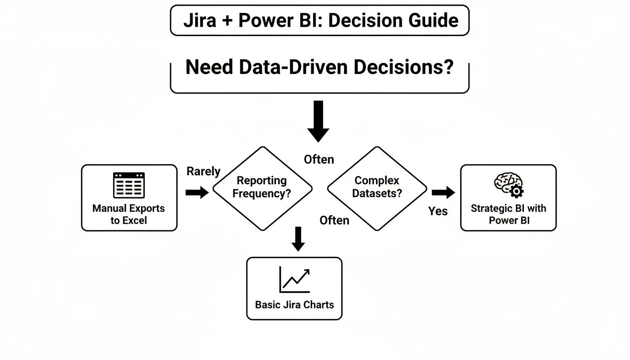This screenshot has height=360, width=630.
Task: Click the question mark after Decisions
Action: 448,67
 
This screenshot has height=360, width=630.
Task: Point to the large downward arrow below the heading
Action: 318,121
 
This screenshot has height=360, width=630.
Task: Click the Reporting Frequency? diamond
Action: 262,187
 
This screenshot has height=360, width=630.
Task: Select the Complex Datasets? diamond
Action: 376,187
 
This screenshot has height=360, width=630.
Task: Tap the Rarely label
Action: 203,172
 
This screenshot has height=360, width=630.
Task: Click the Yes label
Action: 438,211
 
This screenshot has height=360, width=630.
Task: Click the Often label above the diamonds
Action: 319,159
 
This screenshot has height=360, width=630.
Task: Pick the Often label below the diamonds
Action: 334,220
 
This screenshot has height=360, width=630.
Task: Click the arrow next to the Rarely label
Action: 197,192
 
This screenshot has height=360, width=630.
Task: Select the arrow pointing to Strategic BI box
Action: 443,192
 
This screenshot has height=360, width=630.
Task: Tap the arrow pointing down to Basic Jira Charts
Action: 298,239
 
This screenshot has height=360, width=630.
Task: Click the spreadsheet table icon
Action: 129,185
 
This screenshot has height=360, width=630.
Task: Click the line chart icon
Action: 294,280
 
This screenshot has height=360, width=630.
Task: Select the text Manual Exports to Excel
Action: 128,214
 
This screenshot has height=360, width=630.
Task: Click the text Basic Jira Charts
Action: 294,305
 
